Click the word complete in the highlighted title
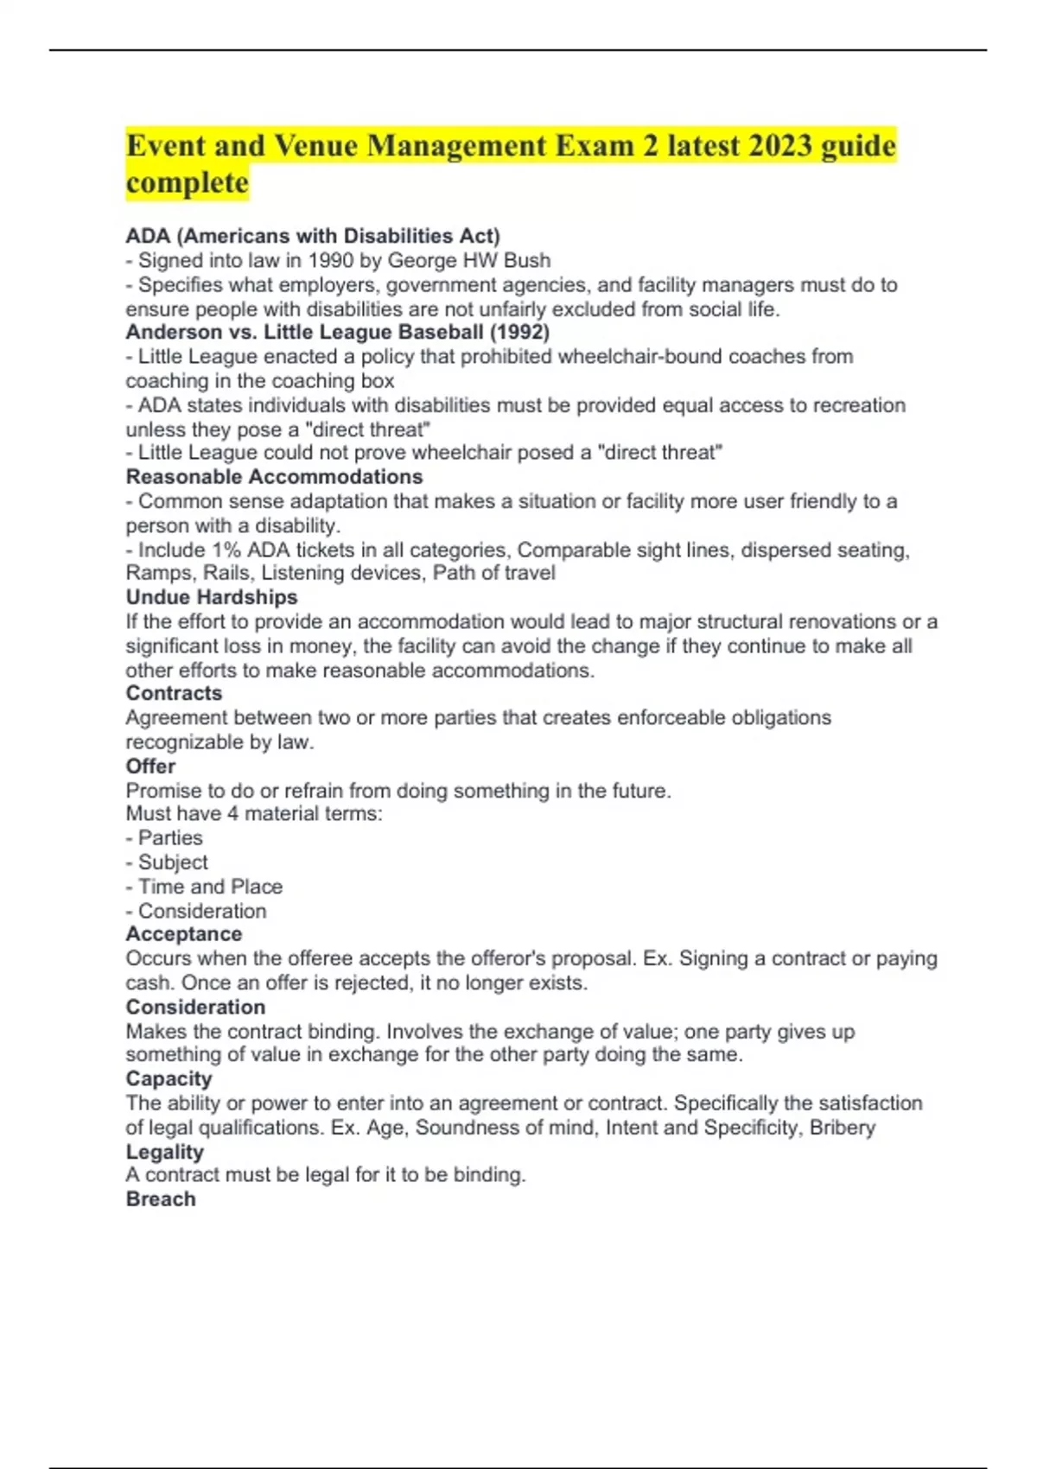click(187, 182)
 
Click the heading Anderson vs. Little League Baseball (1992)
click(337, 332)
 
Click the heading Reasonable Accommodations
click(274, 476)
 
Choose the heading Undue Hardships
click(211, 597)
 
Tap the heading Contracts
click(174, 693)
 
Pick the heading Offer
click(150, 766)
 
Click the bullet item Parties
click(170, 837)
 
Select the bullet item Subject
click(173, 862)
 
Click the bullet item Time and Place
click(210, 886)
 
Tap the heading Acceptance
click(183, 933)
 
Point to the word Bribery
click(842, 1127)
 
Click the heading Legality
click(164, 1151)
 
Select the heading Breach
click(161, 1199)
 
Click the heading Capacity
click(169, 1078)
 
